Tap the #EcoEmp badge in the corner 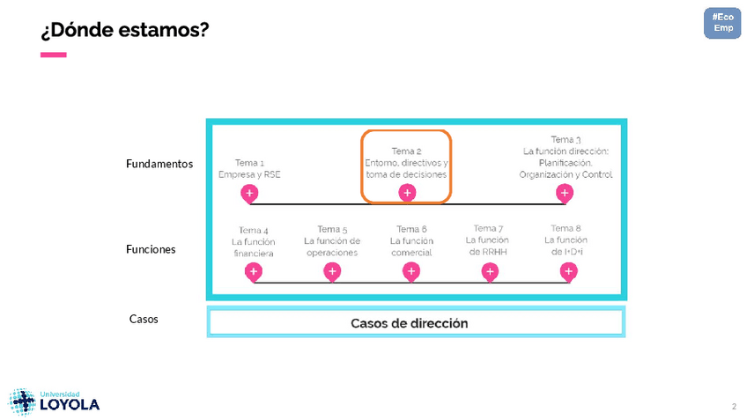click(722, 23)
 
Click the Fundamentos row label click(159, 164)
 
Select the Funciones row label click(151, 249)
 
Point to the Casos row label click(144, 319)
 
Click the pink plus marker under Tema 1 click(249, 193)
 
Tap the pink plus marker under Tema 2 click(407, 193)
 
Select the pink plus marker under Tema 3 click(565, 193)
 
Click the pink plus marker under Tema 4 click(253, 272)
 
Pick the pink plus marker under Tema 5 click(332, 272)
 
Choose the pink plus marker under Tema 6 click(410, 272)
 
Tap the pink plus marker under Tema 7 click(490, 272)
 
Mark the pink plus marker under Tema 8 click(568, 272)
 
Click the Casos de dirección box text click(410, 323)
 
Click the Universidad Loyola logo click(55, 402)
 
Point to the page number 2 click(734, 406)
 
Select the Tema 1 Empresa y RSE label click(249, 169)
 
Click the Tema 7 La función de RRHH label click(487, 240)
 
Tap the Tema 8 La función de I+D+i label click(566, 240)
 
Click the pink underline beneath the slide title click(54, 55)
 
